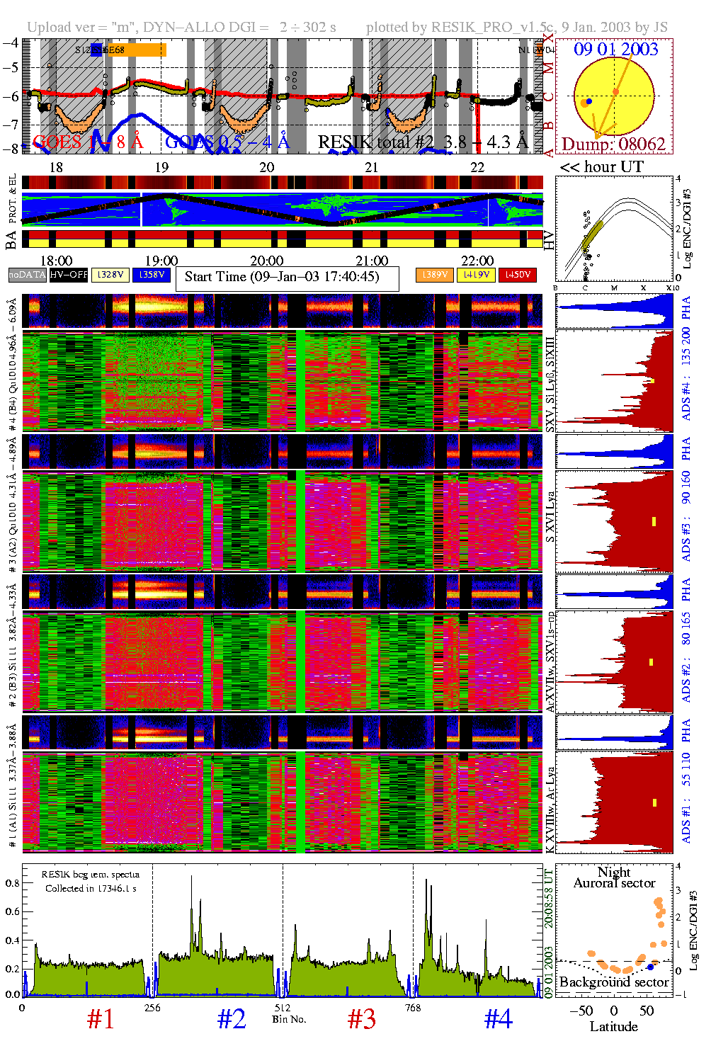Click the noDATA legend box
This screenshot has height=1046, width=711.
click(28, 275)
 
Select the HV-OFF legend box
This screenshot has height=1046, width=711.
click(69, 275)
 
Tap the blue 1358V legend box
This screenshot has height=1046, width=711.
click(152, 275)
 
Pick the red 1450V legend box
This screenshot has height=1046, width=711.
click(518, 275)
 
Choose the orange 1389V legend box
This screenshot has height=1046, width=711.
click(434, 275)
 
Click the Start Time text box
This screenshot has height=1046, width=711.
click(287, 278)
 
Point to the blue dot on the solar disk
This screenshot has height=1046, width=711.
click(589, 101)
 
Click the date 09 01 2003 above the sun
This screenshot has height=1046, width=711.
click(615, 50)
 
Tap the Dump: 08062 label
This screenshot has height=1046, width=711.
click(613, 144)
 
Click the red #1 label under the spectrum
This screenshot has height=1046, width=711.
click(101, 1019)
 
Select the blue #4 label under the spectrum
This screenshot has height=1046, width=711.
click(499, 1019)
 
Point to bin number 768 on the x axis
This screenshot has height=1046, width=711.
click(413, 1008)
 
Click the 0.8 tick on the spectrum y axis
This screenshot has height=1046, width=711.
click(12, 883)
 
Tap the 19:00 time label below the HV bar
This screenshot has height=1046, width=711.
click(161, 261)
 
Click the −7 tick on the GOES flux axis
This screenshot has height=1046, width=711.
click(11, 125)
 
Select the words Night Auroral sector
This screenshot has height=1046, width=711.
click(614, 877)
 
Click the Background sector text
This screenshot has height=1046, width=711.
click(613, 982)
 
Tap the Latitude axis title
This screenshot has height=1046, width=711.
click(613, 1027)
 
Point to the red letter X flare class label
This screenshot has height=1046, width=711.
click(549, 39)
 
